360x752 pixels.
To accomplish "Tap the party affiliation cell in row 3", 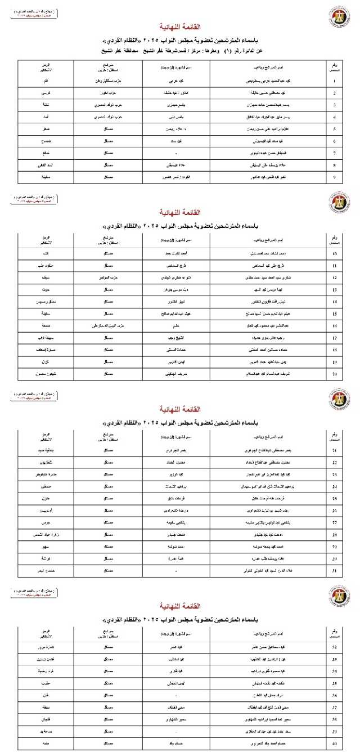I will coord(106,105).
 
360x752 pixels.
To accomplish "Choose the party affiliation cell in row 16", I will coord(106,326).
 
